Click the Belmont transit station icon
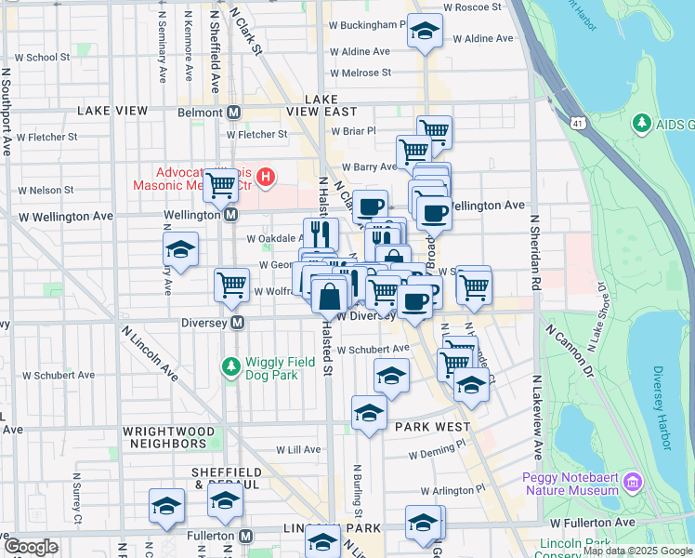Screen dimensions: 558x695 pos(233,113)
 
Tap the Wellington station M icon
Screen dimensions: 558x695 pos(232,215)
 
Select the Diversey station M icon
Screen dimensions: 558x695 pos(238,323)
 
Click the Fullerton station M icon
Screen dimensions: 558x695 pos(245,537)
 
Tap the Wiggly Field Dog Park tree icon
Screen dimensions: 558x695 pos(229,367)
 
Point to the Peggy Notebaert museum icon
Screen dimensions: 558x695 pos(633,482)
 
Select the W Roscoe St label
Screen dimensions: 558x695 pos(472,7)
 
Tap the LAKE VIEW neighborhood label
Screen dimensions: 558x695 pos(112,111)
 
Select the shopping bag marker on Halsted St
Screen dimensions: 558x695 pos(329,298)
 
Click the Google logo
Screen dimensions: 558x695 pos(31,547)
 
